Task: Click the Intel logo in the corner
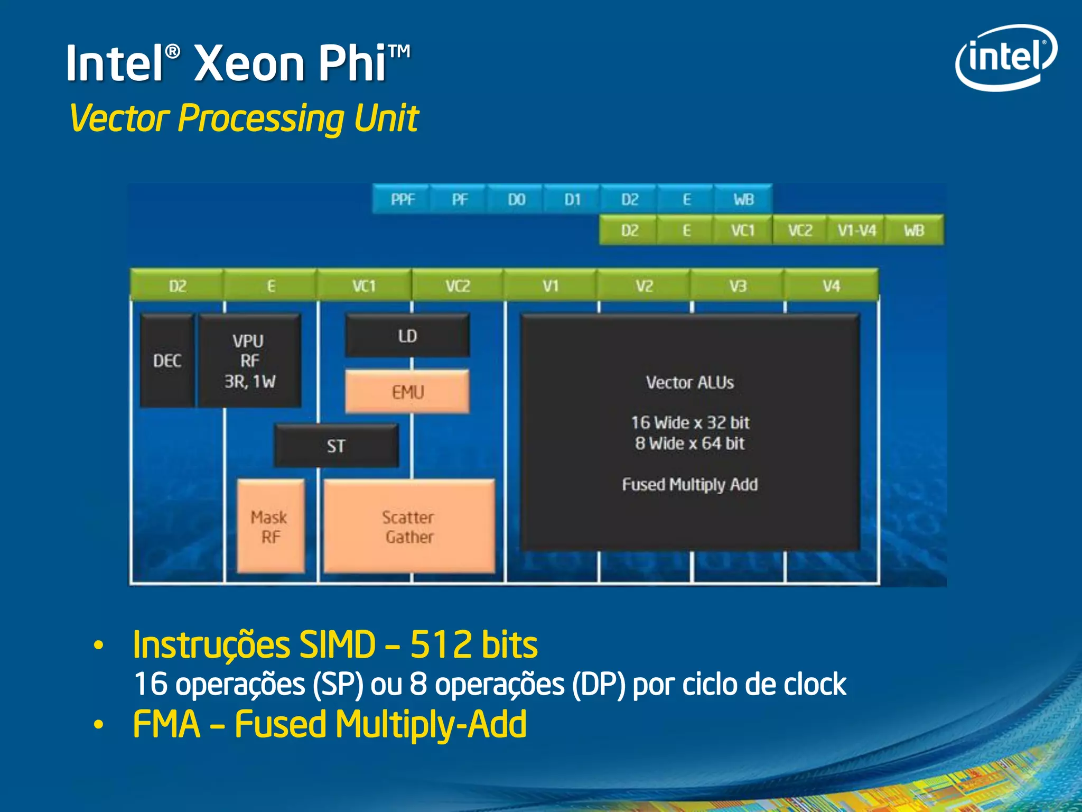click(x=1005, y=57)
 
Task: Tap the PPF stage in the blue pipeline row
click(x=403, y=199)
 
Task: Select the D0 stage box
click(x=516, y=199)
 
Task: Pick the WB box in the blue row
click(x=743, y=199)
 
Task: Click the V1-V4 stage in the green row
click(x=856, y=230)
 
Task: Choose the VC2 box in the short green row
click(x=800, y=230)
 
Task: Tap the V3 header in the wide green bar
click(x=738, y=286)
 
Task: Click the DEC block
click(x=167, y=361)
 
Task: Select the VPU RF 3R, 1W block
click(x=249, y=361)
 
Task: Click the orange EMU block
click(x=407, y=392)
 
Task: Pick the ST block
click(x=336, y=446)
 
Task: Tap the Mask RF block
click(x=270, y=527)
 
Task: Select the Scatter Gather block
click(x=409, y=527)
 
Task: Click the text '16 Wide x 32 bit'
click(x=690, y=423)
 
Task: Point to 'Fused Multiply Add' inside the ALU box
click(x=690, y=484)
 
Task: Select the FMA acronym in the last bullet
click(x=167, y=724)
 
